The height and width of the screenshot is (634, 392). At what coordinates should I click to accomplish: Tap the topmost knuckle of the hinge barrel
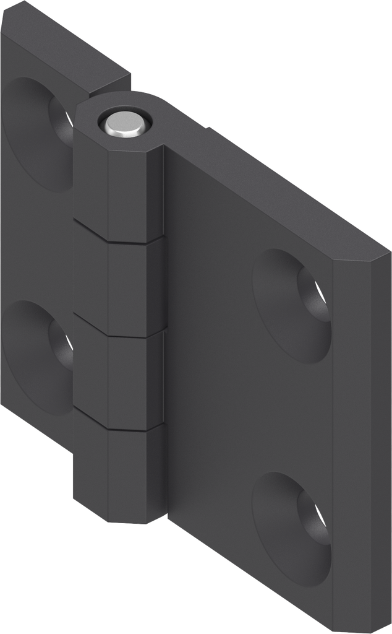tap(117, 186)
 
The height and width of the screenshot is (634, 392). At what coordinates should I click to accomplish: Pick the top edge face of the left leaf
tap(68, 53)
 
